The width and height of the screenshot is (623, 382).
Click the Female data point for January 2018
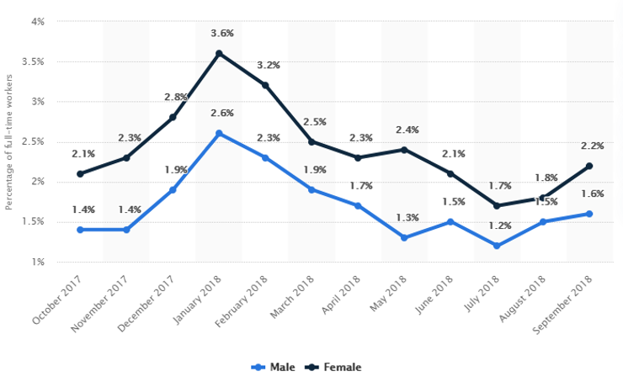click(x=219, y=53)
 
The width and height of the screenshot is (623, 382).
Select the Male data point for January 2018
click(x=219, y=133)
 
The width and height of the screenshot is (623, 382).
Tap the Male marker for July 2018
click(x=497, y=246)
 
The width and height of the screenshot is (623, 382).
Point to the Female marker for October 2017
click(x=80, y=174)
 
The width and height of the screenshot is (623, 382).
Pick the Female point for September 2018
click(x=589, y=166)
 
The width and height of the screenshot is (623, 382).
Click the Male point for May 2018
click(x=404, y=238)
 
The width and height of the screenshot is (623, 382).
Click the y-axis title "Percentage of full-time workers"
click(x=9, y=141)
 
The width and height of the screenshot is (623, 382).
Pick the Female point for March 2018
click(x=311, y=141)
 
